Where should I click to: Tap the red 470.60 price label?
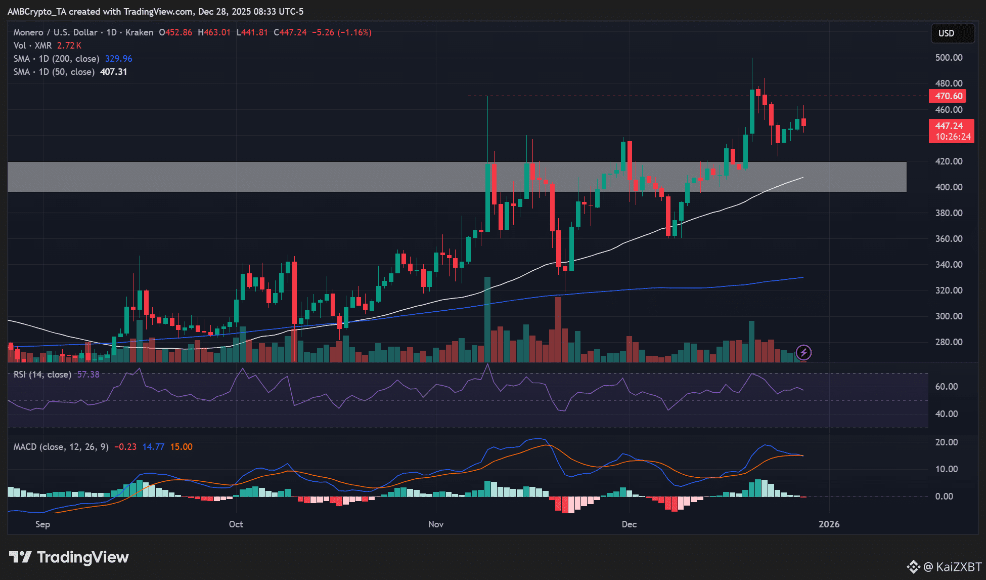(x=948, y=96)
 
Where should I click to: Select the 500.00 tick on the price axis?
(x=949, y=58)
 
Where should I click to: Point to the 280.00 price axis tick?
(x=949, y=342)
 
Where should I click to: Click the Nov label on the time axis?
(x=436, y=524)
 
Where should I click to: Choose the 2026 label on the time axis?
(x=829, y=524)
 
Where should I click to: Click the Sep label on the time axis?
(x=42, y=524)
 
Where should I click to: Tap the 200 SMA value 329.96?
(x=118, y=59)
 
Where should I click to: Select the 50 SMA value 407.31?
(x=113, y=72)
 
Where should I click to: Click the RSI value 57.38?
(x=88, y=375)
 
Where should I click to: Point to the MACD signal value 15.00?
(x=181, y=447)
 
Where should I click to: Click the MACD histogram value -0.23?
(x=125, y=447)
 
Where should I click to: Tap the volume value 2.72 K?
(x=69, y=46)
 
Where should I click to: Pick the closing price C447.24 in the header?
(x=290, y=32)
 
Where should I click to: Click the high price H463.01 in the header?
(x=214, y=32)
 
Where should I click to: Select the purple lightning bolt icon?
(x=803, y=352)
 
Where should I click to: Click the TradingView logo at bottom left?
(x=69, y=557)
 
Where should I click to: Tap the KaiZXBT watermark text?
(x=959, y=567)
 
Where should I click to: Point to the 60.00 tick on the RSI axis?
(x=946, y=387)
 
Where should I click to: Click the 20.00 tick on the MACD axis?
(x=946, y=442)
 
